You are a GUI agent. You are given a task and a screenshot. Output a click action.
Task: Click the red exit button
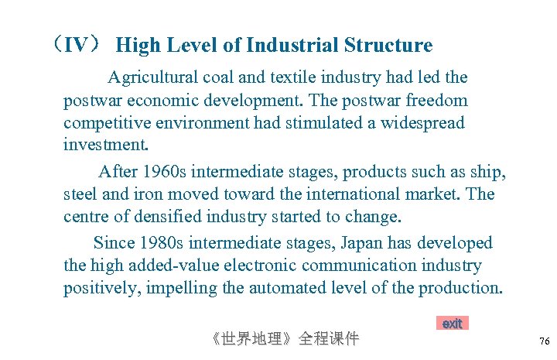452,324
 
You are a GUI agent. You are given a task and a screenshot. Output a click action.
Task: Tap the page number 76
544,341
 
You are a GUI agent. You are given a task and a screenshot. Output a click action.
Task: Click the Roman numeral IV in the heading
75,45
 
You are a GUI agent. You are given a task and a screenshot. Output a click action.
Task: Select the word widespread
421,123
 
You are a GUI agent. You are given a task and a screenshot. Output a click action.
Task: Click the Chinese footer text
285,339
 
